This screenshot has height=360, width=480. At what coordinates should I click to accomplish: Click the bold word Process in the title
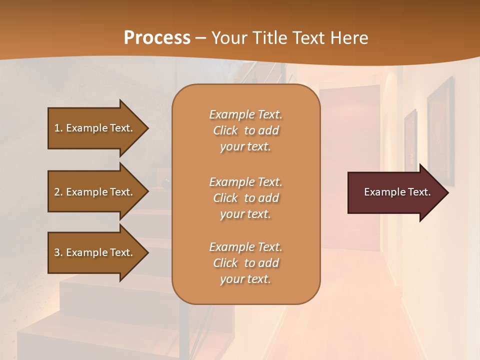coord(157,38)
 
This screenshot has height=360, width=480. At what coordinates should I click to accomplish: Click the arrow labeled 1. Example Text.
coord(95,128)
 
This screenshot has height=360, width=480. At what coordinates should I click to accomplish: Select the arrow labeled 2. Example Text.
coord(95,192)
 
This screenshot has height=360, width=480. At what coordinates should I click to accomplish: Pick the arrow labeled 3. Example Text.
coord(95,252)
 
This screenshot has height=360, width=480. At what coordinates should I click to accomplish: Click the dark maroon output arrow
coord(395,192)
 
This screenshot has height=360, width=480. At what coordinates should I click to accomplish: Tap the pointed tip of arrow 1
coord(147,128)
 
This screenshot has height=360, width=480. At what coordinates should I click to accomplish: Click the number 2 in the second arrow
coord(57,192)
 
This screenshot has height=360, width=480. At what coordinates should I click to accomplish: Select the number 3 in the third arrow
coord(57,252)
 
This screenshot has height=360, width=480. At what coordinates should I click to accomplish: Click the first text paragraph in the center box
coord(245,130)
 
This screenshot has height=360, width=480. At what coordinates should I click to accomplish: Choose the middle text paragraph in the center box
coord(245,198)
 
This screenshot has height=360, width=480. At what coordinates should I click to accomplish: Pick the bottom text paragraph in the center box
coord(245,263)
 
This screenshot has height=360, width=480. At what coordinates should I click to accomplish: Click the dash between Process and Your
coord(201,38)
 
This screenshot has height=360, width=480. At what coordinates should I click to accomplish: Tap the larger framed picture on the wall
coord(440,130)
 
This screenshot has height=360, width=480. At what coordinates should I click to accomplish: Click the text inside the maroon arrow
coord(397,192)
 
